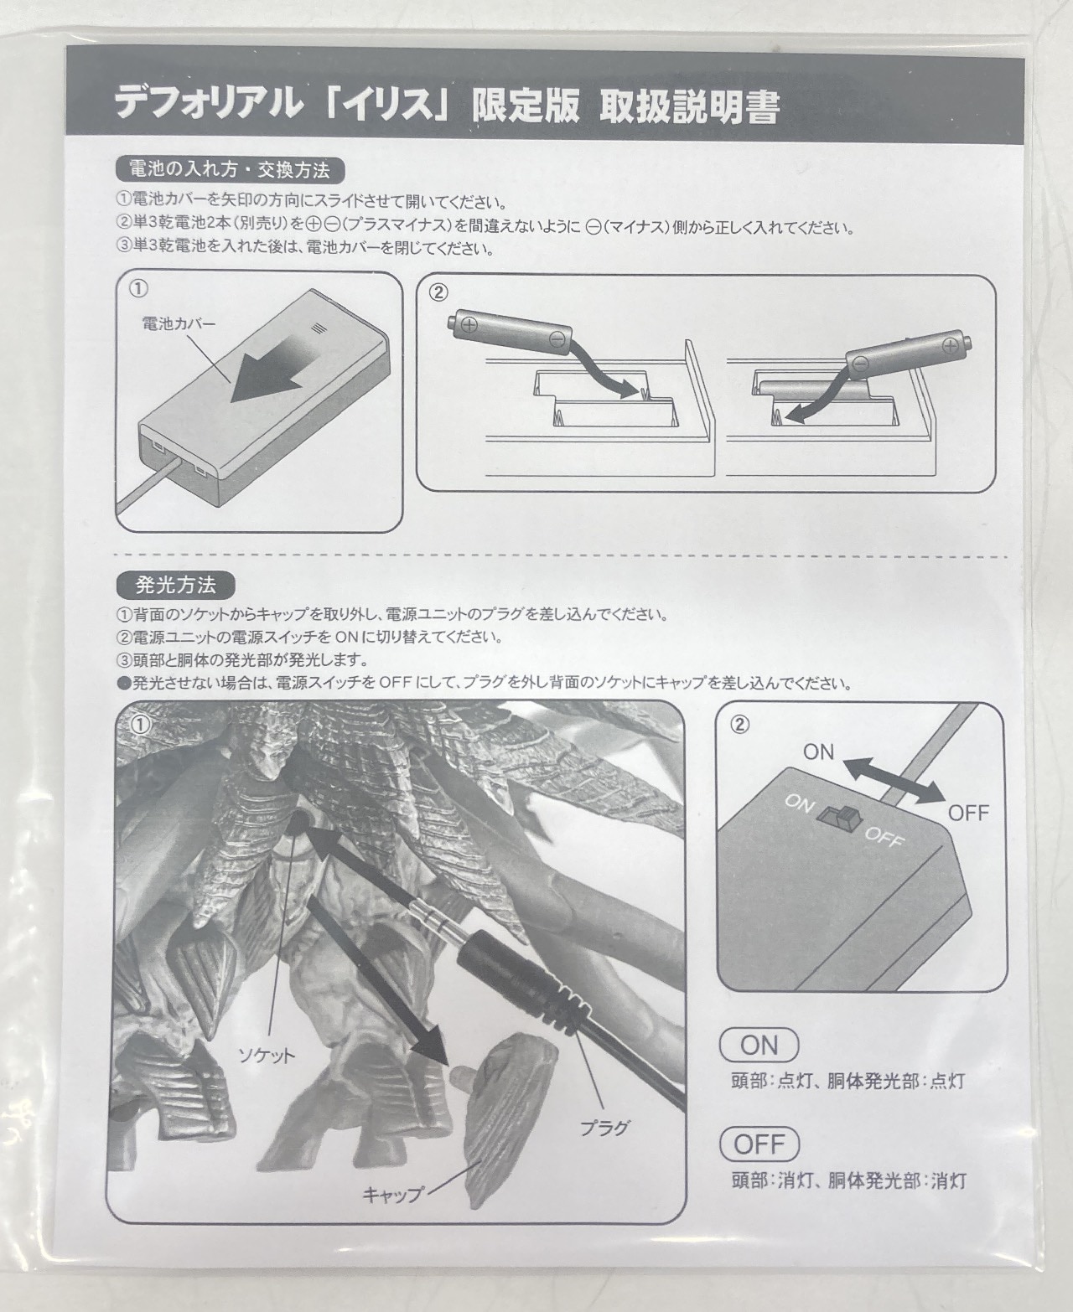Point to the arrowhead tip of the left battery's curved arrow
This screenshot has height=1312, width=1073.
(639, 393)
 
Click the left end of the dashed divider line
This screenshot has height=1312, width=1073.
(116, 555)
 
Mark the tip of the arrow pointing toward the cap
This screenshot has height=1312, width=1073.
(449, 1065)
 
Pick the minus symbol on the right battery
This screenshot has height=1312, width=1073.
(861, 362)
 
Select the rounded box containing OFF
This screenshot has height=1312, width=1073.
(759, 1144)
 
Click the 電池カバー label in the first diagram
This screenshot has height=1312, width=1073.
(179, 324)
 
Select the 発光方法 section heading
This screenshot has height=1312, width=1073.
(176, 586)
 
